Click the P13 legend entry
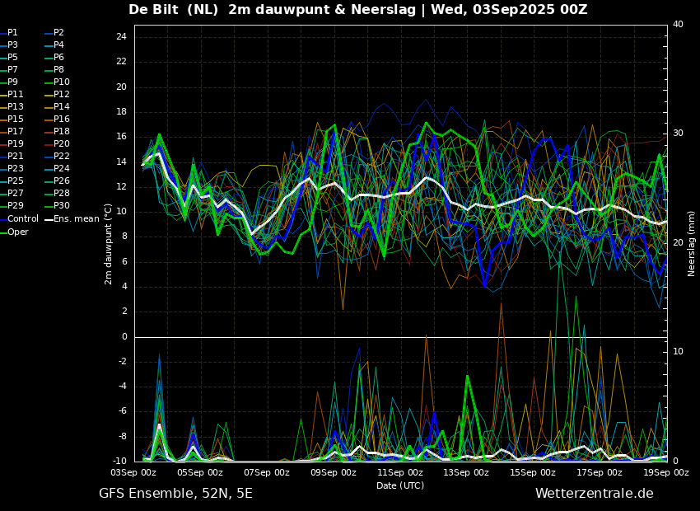16,107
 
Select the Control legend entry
22,218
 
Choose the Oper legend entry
18,232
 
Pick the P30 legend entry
62,206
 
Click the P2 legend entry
58,33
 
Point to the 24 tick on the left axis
121,37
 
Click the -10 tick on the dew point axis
119,462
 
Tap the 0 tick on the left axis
124,337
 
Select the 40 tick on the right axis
678,25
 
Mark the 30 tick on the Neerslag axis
678,134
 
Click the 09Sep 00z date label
334,473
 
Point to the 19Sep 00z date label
665,473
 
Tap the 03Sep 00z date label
133,473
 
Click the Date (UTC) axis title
400,486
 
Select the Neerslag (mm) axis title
692,243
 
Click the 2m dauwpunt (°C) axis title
108,244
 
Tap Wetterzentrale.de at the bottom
594,494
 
